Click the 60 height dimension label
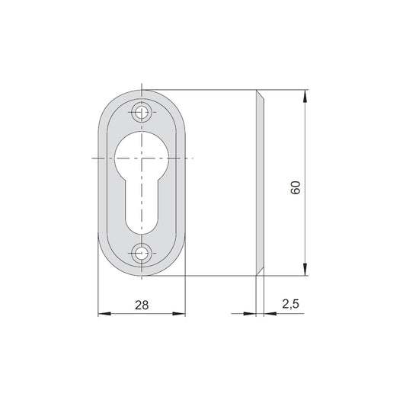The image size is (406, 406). (x=296, y=187)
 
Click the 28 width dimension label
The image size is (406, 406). (x=142, y=305)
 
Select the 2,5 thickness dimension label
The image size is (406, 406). (x=290, y=304)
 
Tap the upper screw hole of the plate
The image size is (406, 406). (x=142, y=113)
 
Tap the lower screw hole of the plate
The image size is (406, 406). (x=142, y=253)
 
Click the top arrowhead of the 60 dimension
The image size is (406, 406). (x=305, y=96)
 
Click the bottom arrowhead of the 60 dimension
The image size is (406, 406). (x=305, y=270)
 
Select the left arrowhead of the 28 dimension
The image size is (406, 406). (x=104, y=314)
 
